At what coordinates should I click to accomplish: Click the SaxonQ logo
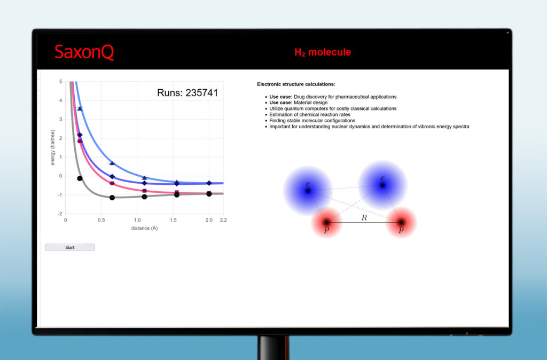tap(84, 52)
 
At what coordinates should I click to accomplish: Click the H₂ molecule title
tap(323, 52)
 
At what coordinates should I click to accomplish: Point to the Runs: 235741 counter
tap(187, 93)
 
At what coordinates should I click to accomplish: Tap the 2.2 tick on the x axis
tap(223, 220)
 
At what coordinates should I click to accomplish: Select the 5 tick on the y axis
tap(61, 82)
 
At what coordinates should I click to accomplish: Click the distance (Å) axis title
tap(144, 228)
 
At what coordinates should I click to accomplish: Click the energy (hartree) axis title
tap(53, 147)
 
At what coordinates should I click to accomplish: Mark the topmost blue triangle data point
tap(80, 108)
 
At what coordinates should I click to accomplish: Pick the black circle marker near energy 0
tap(80, 178)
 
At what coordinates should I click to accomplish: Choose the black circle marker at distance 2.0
tap(209, 194)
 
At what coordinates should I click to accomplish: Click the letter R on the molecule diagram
tap(364, 218)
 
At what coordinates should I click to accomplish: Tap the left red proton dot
tap(326, 222)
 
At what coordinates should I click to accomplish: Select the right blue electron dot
tap(382, 185)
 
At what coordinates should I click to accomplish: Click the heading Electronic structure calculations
tap(296, 84)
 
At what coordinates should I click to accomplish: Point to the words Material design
tap(311, 103)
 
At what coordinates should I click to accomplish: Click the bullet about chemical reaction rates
tap(310, 114)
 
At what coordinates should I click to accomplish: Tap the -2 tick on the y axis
tap(60, 214)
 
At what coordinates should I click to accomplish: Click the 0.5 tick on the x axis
tap(101, 220)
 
